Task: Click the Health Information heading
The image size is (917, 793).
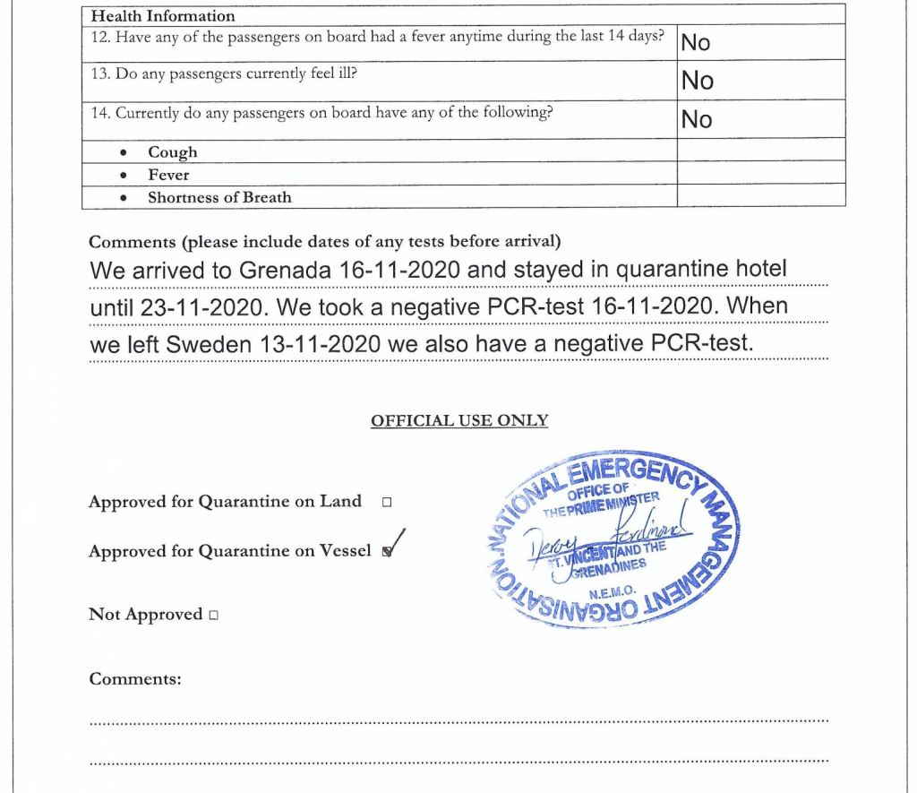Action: [x=163, y=15]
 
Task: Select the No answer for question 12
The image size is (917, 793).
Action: [x=697, y=42]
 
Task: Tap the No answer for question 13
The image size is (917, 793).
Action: [x=697, y=81]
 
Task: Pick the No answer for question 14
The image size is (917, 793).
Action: [x=697, y=119]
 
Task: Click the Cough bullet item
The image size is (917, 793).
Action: [x=173, y=152]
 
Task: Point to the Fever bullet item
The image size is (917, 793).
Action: [x=168, y=175]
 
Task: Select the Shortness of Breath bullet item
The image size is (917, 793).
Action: [x=219, y=197]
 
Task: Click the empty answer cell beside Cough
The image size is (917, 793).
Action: [x=760, y=151]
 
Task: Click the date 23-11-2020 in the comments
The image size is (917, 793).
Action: [x=205, y=307]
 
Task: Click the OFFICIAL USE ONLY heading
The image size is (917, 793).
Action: [x=459, y=421]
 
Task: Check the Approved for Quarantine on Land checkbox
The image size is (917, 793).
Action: [x=387, y=503]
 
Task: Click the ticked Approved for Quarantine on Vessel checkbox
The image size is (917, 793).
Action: [x=387, y=552]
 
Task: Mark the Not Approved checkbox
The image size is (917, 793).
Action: [x=213, y=616]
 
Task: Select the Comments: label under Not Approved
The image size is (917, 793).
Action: [x=135, y=679]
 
